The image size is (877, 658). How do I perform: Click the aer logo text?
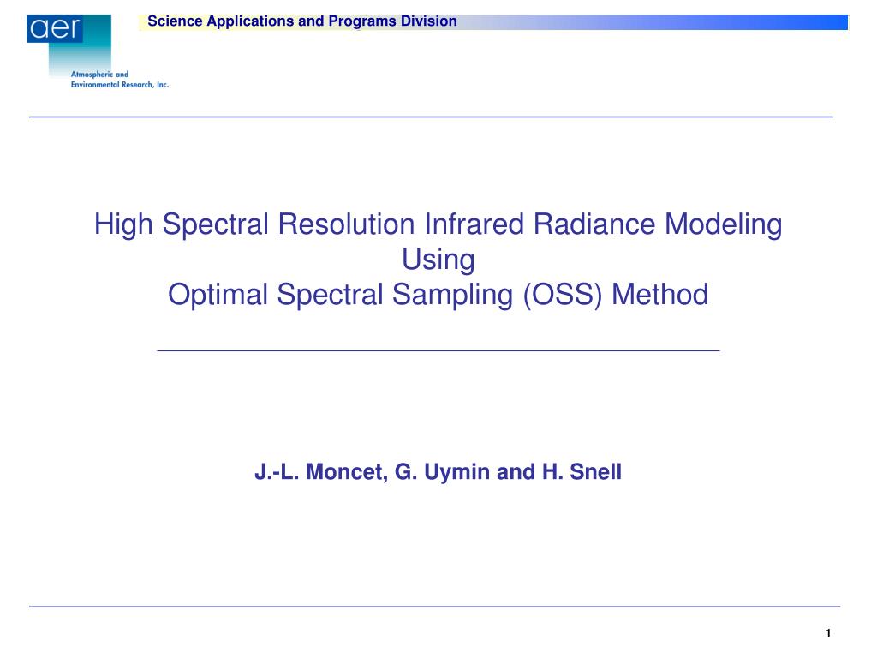tap(56, 28)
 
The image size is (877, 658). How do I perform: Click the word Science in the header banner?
tap(175, 21)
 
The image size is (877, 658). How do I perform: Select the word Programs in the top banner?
tap(362, 21)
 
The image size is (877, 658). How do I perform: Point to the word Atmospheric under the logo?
tap(92, 74)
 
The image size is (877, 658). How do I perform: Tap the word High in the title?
tap(123, 225)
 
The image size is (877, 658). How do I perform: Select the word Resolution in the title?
tap(346, 224)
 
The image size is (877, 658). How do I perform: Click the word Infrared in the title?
tap(474, 224)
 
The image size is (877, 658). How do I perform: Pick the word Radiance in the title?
tap(594, 224)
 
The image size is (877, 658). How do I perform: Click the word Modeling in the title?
tap(723, 225)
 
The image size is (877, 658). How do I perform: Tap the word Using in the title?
tap(438, 260)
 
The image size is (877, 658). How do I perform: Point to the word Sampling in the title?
tap(452, 296)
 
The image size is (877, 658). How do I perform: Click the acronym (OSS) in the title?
tap(563, 295)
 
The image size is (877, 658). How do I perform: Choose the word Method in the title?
tap(660, 295)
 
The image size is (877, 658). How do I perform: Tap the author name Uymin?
tap(457, 473)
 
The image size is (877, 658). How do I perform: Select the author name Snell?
tap(596, 472)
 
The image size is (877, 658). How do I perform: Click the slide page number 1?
tap(828, 633)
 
